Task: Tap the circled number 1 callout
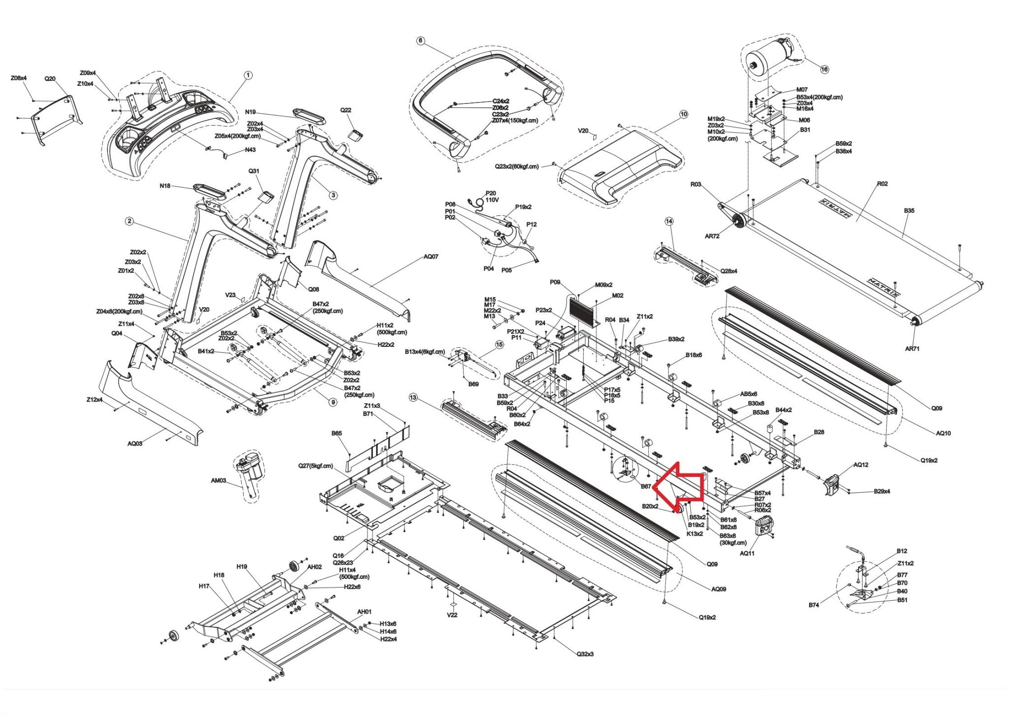(248, 75)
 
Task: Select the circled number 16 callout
(824, 69)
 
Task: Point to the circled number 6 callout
(420, 40)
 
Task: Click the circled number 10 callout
(683, 114)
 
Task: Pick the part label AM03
(218, 480)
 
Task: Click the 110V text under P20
(492, 201)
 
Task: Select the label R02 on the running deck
(882, 184)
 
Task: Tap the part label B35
(909, 211)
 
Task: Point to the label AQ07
(431, 257)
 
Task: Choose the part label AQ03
(135, 443)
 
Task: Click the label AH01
(364, 612)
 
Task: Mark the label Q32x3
(585, 654)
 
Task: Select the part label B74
(813, 605)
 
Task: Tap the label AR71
(912, 349)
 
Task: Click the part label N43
(250, 150)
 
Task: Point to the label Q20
(50, 78)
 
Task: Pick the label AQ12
(861, 465)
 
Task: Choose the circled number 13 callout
(413, 397)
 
